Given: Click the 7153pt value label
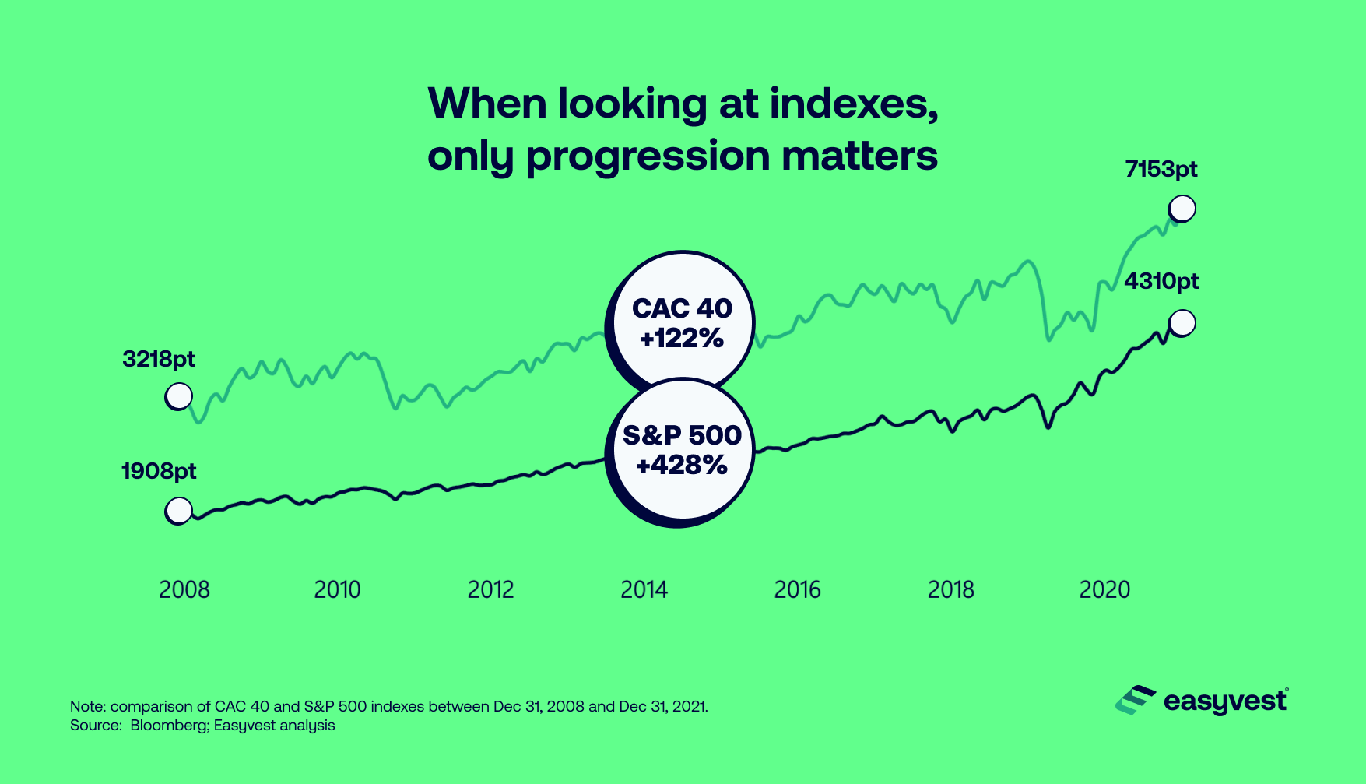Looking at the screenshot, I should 1161,170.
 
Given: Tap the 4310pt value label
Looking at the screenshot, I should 1161,281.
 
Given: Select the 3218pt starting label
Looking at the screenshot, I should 159,360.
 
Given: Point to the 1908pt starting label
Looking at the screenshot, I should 159,472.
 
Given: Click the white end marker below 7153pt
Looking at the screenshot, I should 1182,209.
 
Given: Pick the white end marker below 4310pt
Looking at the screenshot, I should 1182,322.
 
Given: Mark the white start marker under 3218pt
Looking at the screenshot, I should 179,396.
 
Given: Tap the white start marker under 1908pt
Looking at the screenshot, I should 179,511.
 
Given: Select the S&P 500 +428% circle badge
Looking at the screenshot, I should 682,450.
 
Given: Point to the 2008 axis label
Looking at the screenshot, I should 184,590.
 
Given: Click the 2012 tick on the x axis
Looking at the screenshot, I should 490,590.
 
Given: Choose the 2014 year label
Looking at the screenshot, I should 644,590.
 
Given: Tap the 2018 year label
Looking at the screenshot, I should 950,590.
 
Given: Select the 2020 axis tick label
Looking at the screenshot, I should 1104,590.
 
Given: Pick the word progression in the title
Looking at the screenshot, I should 648,156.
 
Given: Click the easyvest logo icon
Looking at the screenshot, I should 1135,701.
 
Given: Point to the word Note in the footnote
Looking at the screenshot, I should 86,707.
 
